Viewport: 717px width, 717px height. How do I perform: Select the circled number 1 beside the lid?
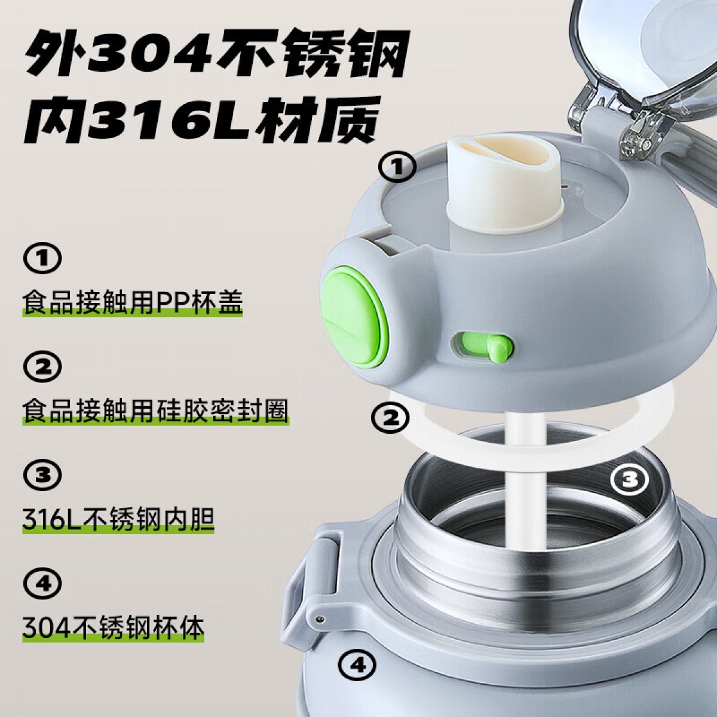tap(397, 168)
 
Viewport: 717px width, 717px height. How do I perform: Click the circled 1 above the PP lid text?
tap(42, 256)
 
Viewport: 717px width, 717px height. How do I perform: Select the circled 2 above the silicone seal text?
tap(42, 366)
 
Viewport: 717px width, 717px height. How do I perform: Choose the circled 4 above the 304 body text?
tap(42, 584)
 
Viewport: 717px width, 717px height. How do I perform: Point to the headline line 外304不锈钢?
tap(215, 59)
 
